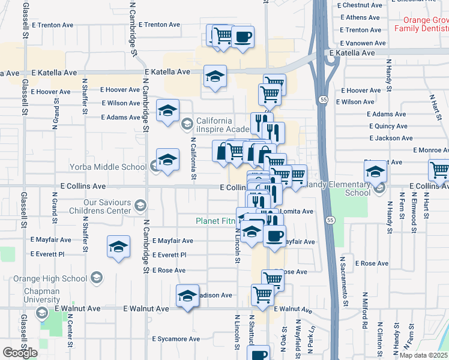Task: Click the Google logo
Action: click(20, 352)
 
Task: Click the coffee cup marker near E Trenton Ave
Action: click(243, 37)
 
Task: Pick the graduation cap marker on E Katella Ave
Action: click(215, 76)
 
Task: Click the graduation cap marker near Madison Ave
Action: click(187, 296)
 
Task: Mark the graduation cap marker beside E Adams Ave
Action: click(168, 110)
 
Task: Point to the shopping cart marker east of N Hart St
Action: click(439, 170)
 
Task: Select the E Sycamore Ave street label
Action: click(175, 339)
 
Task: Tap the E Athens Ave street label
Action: click(358, 17)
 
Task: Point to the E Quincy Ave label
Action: click(388, 126)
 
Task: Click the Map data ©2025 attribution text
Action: click(423, 355)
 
